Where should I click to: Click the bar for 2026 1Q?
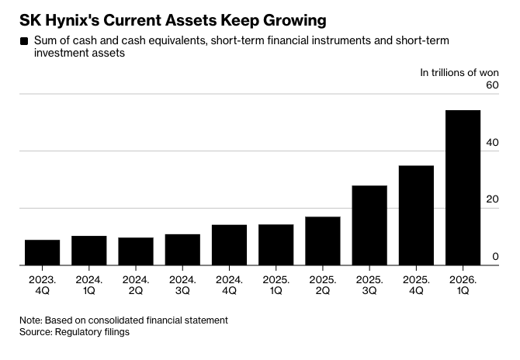tap(463, 188)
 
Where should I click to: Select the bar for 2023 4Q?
tap(43, 253)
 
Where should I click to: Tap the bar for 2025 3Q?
tap(369, 226)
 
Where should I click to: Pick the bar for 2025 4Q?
tap(416, 216)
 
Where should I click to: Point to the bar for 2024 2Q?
tap(136, 251)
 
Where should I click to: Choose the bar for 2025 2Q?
tap(323, 241)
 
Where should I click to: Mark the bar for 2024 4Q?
tap(229, 245)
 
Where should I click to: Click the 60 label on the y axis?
tap(493, 85)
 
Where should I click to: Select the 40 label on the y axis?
tap(493, 143)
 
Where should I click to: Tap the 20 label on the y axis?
tap(493, 199)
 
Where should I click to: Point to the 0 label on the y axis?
tap(495, 257)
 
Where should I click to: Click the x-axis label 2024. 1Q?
tap(89, 285)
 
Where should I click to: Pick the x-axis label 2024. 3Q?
tap(182, 285)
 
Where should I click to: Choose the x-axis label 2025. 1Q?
tap(276, 285)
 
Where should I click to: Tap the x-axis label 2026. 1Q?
tap(463, 285)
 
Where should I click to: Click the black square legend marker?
tap(24, 41)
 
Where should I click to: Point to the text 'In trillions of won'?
tap(459, 73)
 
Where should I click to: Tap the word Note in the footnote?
tap(30, 320)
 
